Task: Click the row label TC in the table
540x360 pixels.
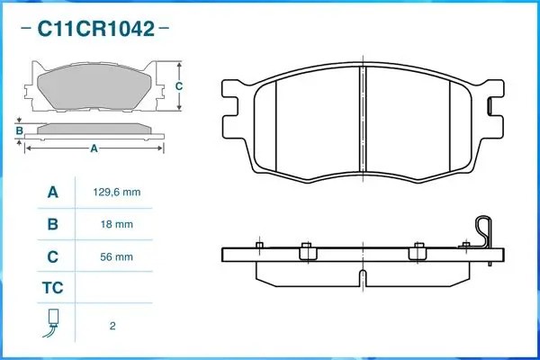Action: coord(53,289)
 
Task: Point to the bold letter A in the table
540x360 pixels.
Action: coord(53,192)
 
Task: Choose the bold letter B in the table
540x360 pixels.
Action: coord(53,224)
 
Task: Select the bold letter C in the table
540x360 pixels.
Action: coord(53,256)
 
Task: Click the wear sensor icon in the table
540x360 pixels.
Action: coord(53,322)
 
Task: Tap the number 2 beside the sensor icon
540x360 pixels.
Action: coord(112,325)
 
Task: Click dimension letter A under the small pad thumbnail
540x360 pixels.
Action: coord(94,149)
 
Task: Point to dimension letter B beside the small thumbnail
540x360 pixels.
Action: coord(19,131)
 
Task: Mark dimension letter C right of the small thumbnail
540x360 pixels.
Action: coord(179,86)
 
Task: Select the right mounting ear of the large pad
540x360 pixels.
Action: coord(493,101)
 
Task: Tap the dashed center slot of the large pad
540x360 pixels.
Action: coord(362,117)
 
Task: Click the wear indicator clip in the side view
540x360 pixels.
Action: coord(486,236)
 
